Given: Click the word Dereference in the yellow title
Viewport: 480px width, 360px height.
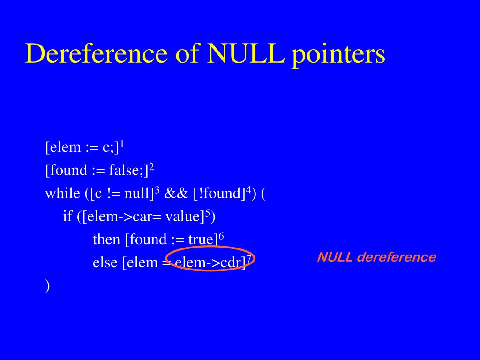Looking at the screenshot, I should (96, 53).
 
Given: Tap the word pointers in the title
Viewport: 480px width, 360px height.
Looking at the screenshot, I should (338, 54).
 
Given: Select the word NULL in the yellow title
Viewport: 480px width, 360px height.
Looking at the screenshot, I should (246, 53).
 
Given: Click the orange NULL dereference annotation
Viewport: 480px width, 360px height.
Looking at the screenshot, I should (376, 257).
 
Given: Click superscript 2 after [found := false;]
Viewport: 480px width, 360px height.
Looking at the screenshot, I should (152, 167).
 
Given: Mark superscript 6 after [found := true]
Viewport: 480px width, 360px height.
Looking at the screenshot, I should (222, 236).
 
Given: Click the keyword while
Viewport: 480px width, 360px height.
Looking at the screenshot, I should (62, 193).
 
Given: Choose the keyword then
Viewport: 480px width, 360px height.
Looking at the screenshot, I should (106, 240).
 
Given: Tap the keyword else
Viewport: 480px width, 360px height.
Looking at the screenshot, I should (105, 262).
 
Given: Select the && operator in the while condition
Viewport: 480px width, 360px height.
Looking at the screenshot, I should (174, 193).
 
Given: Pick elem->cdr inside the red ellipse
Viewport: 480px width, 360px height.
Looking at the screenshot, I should (210, 262).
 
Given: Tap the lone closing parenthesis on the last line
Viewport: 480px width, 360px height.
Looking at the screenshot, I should (47, 285).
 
